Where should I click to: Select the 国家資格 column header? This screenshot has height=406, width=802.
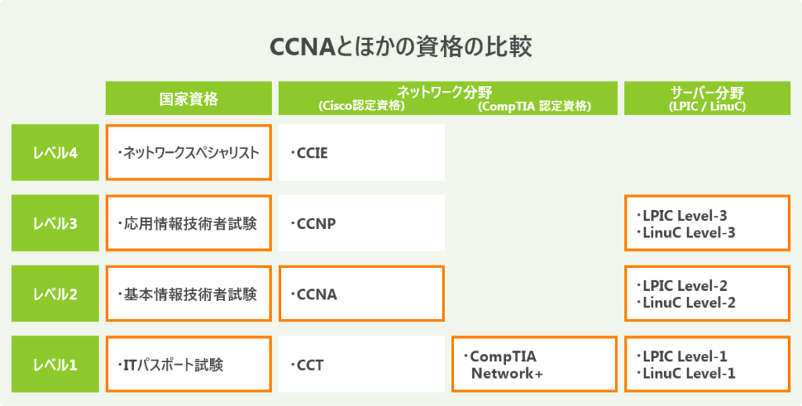tap(189, 99)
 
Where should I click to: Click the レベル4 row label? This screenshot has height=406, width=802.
tap(55, 153)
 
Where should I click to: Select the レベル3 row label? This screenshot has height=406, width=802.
tap(55, 223)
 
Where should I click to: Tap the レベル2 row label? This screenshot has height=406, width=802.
tap(55, 294)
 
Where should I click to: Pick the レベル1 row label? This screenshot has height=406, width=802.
tap(55, 364)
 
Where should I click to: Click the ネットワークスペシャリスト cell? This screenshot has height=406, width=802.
tap(189, 153)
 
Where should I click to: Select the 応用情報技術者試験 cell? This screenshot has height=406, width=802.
tap(189, 223)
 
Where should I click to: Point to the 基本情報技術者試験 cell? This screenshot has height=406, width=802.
tap(189, 294)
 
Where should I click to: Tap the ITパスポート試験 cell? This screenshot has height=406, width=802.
tap(189, 364)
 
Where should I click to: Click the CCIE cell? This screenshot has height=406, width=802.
tap(361, 153)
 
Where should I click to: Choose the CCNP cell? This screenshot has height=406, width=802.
tap(361, 223)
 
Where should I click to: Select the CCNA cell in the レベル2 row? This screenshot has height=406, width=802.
tap(361, 294)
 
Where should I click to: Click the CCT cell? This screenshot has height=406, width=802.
tap(361, 364)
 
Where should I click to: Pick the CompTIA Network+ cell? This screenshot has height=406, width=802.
tap(534, 364)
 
